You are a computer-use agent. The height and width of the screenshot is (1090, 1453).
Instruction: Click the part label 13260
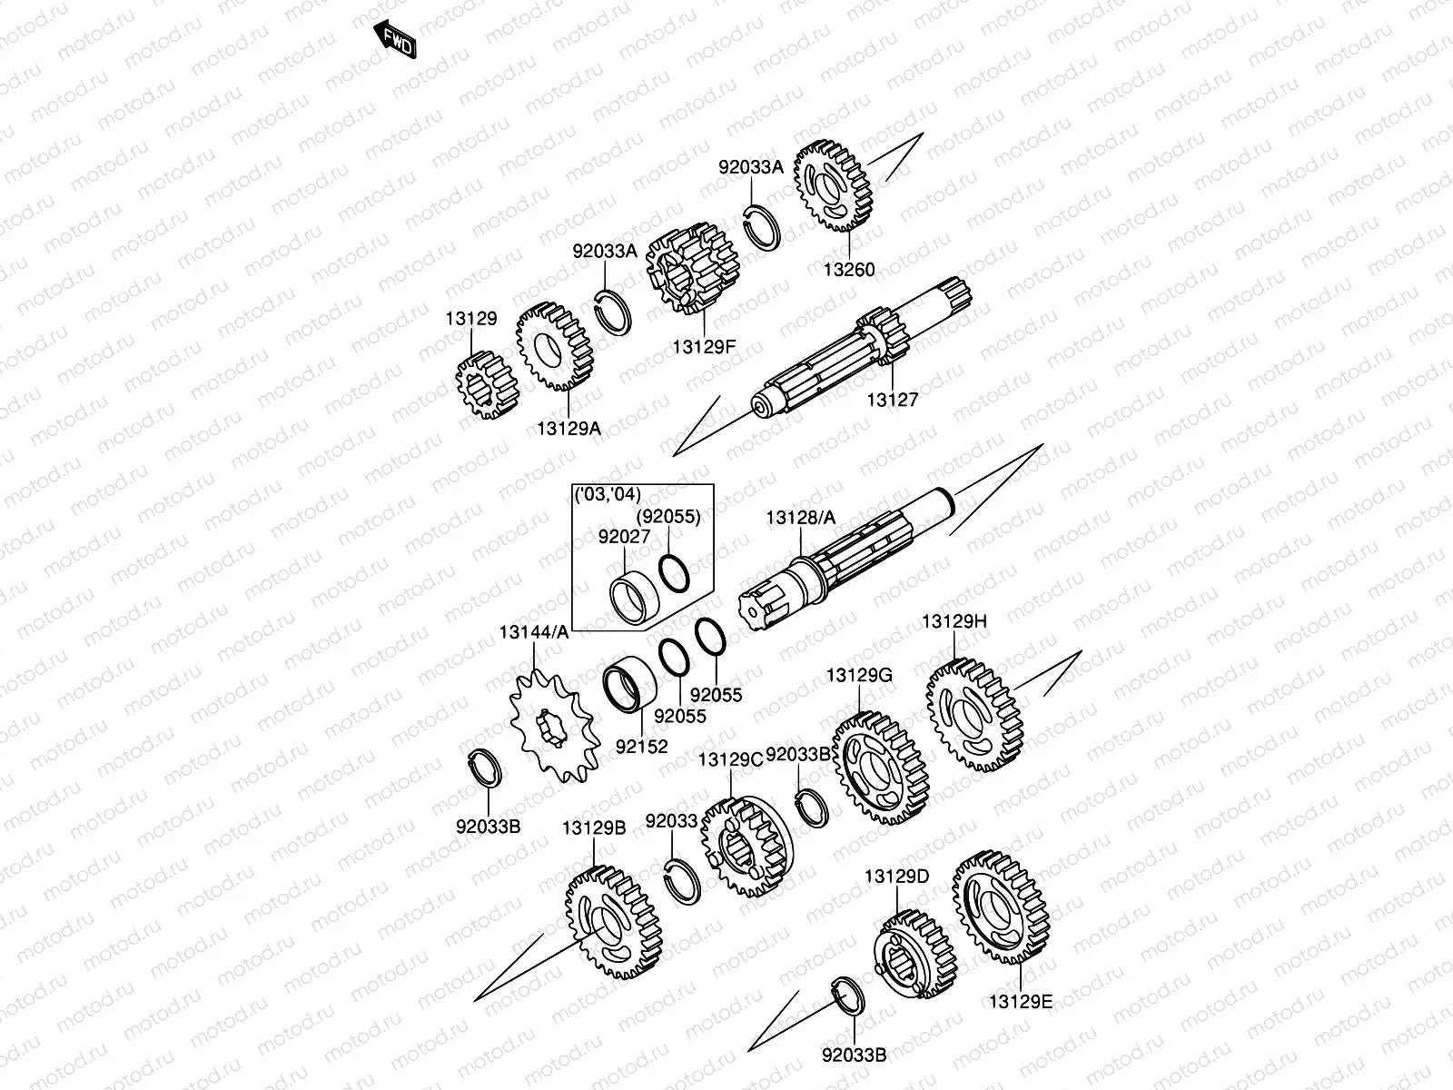tap(849, 270)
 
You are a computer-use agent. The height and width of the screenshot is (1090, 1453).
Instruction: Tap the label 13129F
tap(704, 347)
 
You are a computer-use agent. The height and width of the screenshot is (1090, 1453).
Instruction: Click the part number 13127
tap(892, 399)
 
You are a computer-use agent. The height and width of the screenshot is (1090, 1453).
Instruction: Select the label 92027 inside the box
tap(624, 537)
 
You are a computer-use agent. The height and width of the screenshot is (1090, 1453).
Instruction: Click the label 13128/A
tap(800, 517)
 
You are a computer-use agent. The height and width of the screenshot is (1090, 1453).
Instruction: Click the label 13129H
tap(954, 622)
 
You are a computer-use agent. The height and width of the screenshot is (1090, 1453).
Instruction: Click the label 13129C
tap(730, 759)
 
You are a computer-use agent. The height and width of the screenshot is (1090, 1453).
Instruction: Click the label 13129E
tap(1021, 1002)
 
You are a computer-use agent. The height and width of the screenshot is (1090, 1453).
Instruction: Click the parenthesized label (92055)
tap(667, 517)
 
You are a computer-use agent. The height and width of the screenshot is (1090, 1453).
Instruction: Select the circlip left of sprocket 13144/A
tap(487, 765)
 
